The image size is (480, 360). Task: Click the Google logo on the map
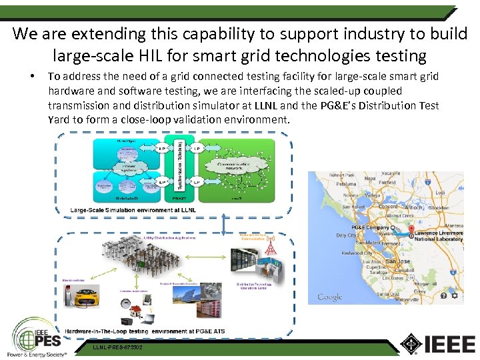click(x=329, y=297)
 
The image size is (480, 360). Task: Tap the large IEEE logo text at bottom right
click(x=441, y=344)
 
